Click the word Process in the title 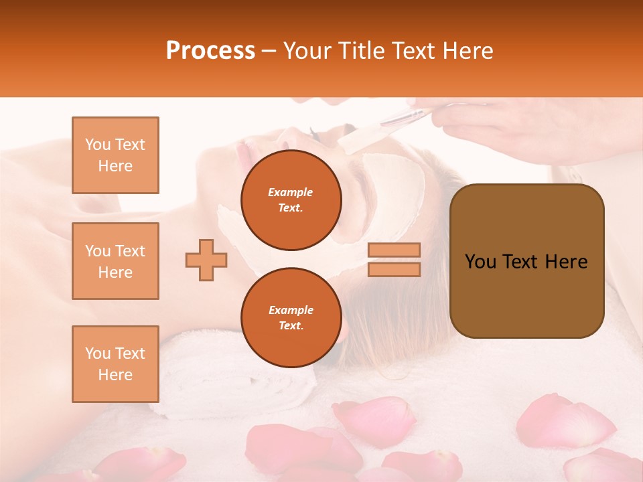pyautogui.click(x=210, y=51)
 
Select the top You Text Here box pyautogui.click(x=115, y=155)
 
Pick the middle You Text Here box pyautogui.click(x=115, y=261)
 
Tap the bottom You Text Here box pyautogui.click(x=115, y=364)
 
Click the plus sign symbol pyautogui.click(x=206, y=259)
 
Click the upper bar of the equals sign pyautogui.click(x=394, y=250)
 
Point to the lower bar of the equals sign pyautogui.click(x=394, y=269)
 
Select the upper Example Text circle pyautogui.click(x=291, y=200)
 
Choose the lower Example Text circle pyautogui.click(x=291, y=318)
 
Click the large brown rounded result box pyautogui.click(x=526, y=295)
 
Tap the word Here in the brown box pyautogui.click(x=566, y=262)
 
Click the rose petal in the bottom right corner pyautogui.click(x=603, y=465)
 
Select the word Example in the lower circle pyautogui.click(x=291, y=310)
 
